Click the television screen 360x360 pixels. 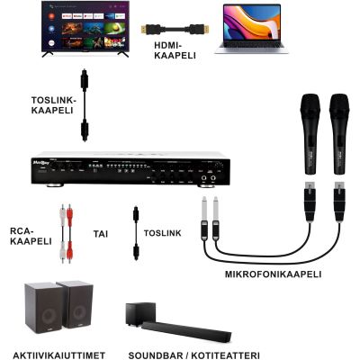tap(85, 27)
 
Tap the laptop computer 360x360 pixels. tap(252, 29)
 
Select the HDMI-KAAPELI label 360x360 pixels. tap(175, 50)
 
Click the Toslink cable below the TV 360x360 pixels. tap(85, 105)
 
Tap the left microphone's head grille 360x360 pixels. tap(310, 105)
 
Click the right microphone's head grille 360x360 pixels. tap(339, 105)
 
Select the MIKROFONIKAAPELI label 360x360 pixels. tap(273, 274)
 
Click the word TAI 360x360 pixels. tap(101, 234)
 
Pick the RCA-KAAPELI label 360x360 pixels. tap(31, 236)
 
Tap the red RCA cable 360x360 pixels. tap(69, 233)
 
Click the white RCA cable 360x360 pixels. tap(62, 233)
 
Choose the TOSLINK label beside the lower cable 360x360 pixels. tap(163, 233)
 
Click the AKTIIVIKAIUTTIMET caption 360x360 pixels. tap(59, 355)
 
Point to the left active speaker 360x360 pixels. tap(44, 308)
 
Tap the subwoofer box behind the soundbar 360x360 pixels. tap(140, 314)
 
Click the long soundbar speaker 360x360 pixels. tap(186, 332)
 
